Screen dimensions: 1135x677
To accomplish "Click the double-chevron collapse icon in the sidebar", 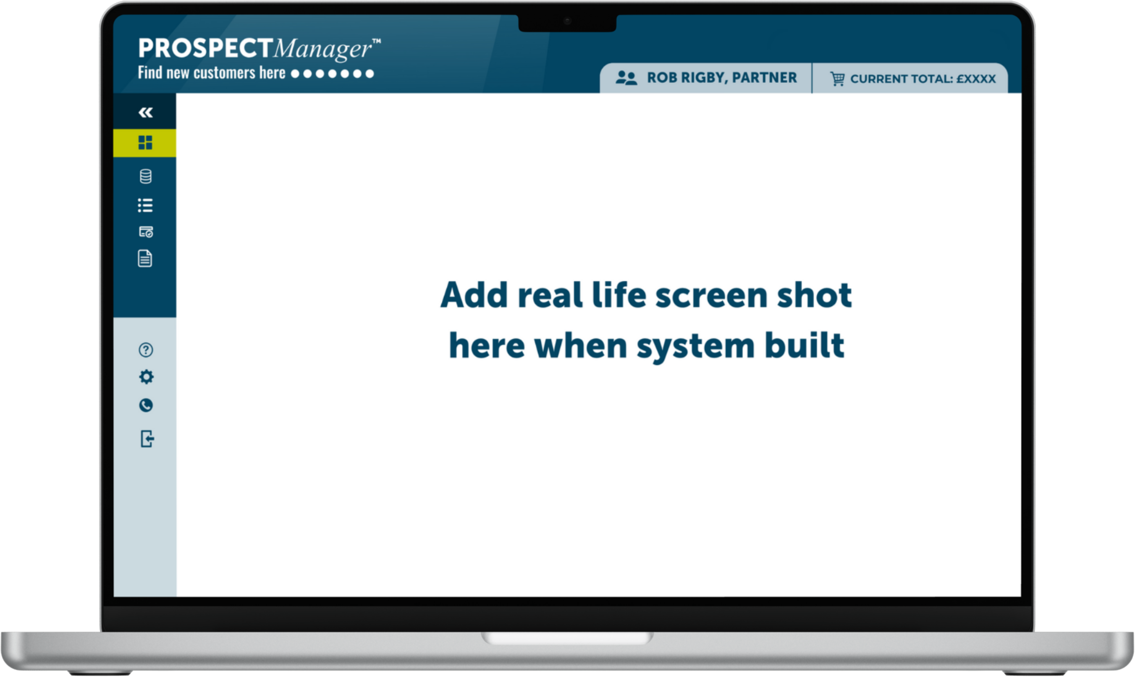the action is (146, 112).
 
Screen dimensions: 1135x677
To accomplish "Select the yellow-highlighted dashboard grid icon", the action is (145, 143).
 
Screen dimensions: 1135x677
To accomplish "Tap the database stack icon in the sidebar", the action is (146, 176).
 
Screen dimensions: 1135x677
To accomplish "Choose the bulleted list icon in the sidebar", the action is (145, 205).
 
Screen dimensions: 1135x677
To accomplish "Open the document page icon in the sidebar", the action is (145, 259).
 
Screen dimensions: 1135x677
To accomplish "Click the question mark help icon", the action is (146, 350).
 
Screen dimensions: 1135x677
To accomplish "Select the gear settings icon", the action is (146, 377).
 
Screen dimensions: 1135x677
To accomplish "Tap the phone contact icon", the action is (146, 405).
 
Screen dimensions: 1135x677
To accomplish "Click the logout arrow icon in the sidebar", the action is (147, 439).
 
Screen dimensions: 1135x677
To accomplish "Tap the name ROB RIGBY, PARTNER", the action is (722, 78).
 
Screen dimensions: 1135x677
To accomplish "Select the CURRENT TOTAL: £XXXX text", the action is (923, 79).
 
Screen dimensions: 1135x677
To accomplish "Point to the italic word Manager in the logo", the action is (323, 49).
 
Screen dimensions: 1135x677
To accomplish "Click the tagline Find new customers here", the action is (212, 73).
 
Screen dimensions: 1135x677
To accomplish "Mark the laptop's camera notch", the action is (567, 23).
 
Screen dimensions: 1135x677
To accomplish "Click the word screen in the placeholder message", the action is (712, 296).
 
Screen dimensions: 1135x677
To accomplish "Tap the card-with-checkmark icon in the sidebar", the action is (146, 232).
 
